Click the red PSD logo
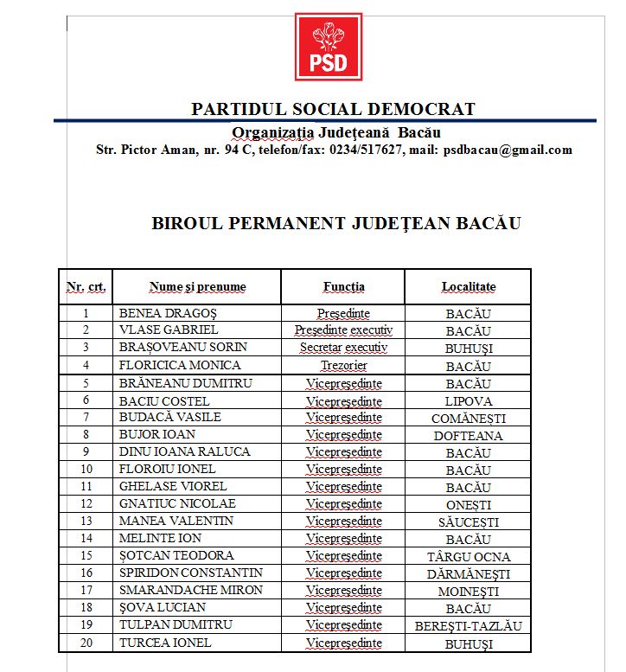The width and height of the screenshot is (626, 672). (328, 47)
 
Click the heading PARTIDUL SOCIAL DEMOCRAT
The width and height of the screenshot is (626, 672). (333, 109)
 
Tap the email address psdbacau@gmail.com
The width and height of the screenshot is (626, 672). (508, 150)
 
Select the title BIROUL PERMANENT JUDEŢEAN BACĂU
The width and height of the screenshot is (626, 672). (336, 222)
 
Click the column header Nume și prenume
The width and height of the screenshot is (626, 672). (197, 286)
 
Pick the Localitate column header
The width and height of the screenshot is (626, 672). (468, 286)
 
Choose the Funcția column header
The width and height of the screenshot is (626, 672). (343, 286)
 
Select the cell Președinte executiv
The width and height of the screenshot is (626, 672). (343, 330)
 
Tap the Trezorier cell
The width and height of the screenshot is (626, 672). (343, 366)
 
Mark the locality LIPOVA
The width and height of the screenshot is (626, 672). (468, 401)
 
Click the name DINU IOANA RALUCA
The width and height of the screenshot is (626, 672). (184, 451)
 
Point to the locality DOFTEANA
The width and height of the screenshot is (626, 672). (468, 435)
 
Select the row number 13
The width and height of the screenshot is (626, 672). (86, 521)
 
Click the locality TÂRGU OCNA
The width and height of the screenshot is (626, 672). (468, 556)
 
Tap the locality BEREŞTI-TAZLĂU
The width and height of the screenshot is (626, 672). (468, 625)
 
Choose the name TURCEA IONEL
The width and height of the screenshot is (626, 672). (165, 643)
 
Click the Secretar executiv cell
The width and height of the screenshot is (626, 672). (343, 348)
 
